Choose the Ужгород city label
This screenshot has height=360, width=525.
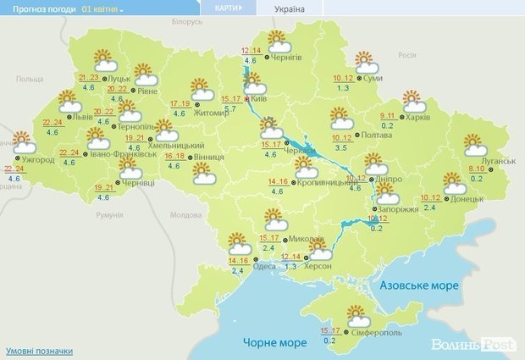36,159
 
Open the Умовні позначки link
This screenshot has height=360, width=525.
39,351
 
